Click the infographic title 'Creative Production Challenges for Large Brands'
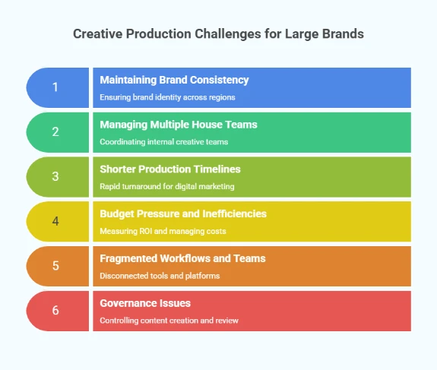pyautogui.click(x=219, y=34)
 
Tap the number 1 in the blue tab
pyautogui.click(x=55, y=87)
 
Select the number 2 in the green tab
pyautogui.click(x=55, y=131)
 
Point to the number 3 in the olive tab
pyautogui.click(x=55, y=176)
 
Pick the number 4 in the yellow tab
pyautogui.click(x=55, y=221)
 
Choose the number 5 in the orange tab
pyautogui.click(x=55, y=266)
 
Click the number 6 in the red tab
pyautogui.click(x=55, y=310)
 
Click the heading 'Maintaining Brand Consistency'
pyautogui.click(x=174, y=80)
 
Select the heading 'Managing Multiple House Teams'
pyautogui.click(x=178, y=125)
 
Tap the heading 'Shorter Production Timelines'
pyautogui.click(x=169, y=169)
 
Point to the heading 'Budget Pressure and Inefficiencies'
pyautogui.click(x=183, y=213)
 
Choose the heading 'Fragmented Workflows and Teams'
pyautogui.click(x=182, y=258)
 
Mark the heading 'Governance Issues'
pyautogui.click(x=145, y=303)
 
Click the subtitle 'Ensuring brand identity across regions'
pyautogui.click(x=167, y=97)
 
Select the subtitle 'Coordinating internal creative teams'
pyautogui.click(x=163, y=142)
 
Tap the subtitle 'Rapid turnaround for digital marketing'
pyautogui.click(x=167, y=187)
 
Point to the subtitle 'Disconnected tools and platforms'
pyautogui.click(x=160, y=276)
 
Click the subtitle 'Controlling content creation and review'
pyautogui.click(x=169, y=321)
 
